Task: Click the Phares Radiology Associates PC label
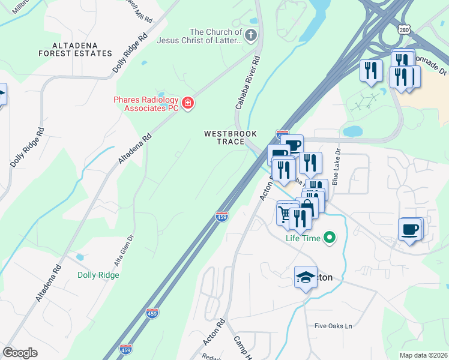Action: pyautogui.click(x=147, y=104)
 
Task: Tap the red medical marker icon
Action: pyautogui.click(x=188, y=104)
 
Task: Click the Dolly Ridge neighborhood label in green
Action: pyautogui.click(x=98, y=275)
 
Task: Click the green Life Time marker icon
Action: pyautogui.click(x=329, y=238)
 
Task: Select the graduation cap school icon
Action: pyautogui.click(x=306, y=277)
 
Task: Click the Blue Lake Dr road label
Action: pyautogui.click(x=336, y=169)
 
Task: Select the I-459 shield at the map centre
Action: pyautogui.click(x=222, y=217)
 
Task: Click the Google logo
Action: pyautogui.click(x=20, y=352)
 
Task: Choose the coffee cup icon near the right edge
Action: pyautogui.click(x=411, y=229)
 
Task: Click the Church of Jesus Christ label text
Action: pyautogui.click(x=215, y=37)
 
